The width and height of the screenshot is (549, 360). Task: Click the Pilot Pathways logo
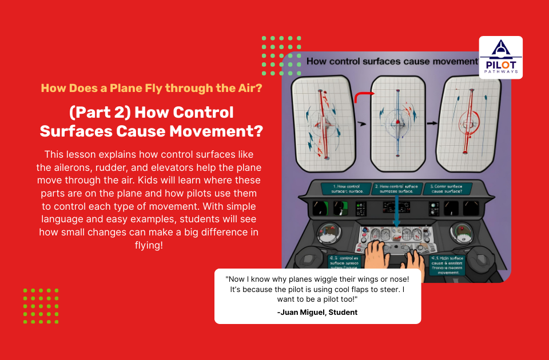click(500, 57)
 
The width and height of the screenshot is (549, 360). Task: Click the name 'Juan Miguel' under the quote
click(306, 312)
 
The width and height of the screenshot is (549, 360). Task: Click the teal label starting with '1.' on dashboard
click(343, 189)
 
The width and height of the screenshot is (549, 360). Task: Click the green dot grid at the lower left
click(41, 306)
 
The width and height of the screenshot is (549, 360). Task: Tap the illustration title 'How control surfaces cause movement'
click(391, 61)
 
